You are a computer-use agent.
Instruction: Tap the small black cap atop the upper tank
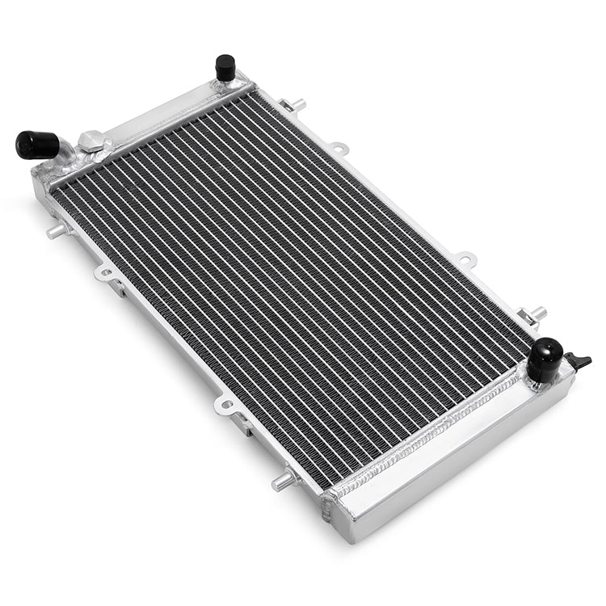pyautogui.click(x=225, y=67)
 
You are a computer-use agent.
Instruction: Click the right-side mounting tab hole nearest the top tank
pyautogui.click(x=339, y=148)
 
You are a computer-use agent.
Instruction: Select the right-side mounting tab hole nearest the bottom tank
pyautogui.click(x=466, y=259)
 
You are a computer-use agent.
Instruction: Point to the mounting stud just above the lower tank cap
pyautogui.click(x=533, y=314)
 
